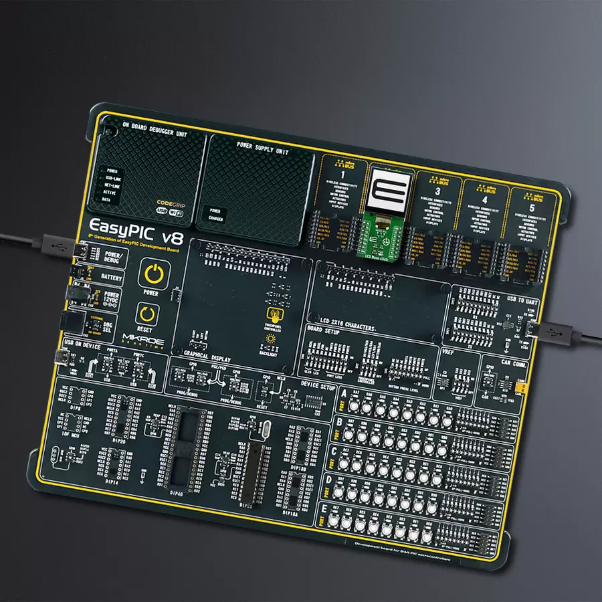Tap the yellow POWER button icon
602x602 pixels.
[154, 274]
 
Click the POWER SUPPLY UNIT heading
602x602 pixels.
[262, 148]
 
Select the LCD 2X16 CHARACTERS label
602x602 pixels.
[338, 318]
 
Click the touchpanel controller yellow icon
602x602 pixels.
[273, 315]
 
